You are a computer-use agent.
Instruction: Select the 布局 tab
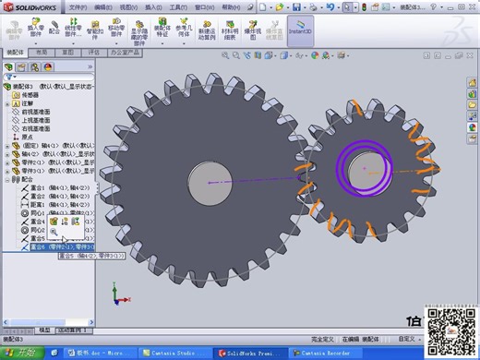(39, 53)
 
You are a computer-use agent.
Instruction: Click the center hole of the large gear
(207, 181)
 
